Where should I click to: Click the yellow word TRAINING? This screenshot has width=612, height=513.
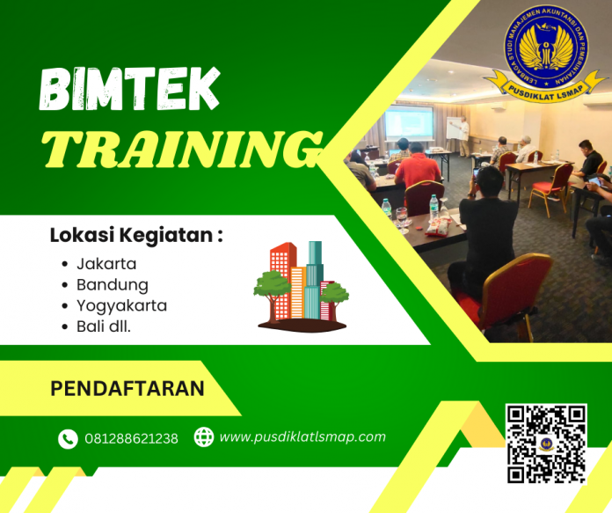click(181, 148)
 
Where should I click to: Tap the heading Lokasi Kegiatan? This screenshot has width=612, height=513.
click(135, 236)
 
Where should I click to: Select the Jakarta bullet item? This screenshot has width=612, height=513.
click(106, 263)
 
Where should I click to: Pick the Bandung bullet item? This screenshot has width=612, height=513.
click(112, 284)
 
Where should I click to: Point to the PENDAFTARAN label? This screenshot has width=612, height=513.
click(127, 388)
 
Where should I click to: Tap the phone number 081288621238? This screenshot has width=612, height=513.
click(131, 438)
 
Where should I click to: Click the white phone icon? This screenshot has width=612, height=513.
click(68, 438)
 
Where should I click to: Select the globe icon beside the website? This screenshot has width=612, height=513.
click(203, 437)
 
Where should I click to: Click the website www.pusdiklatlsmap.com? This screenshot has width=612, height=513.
click(302, 436)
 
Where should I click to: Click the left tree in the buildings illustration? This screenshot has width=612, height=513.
click(271, 287)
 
